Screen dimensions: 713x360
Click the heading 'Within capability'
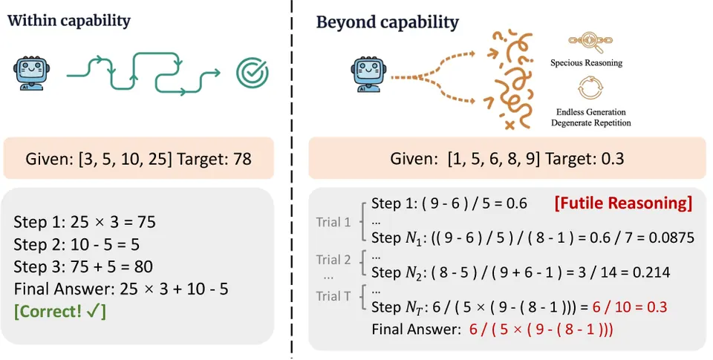[68, 21]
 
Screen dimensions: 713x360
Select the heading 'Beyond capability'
[388, 22]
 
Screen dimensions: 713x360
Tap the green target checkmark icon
[253, 73]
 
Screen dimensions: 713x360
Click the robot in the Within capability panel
[32, 73]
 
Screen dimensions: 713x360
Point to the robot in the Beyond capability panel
[368, 74]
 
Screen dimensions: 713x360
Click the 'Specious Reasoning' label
[586, 63]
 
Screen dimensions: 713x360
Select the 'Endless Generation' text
[590, 112]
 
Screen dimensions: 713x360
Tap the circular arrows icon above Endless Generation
[590, 88]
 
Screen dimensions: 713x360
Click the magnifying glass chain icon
[590, 42]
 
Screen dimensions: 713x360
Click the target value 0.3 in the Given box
[611, 159]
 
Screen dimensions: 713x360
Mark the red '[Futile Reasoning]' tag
[623, 203]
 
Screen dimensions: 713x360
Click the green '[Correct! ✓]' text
[60, 311]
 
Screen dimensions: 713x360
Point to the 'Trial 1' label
[333, 222]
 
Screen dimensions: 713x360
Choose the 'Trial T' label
[333, 296]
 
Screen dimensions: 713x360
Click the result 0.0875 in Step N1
[673, 238]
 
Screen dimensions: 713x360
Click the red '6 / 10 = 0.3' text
[630, 307]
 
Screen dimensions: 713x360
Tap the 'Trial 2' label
[333, 260]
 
